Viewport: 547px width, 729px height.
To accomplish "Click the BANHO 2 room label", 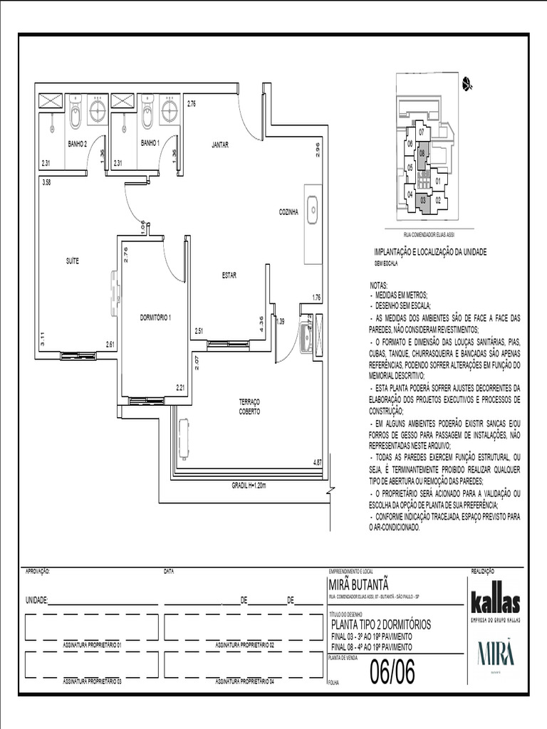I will [x=77, y=143].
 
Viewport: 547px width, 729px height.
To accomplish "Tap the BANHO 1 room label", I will [x=150, y=143].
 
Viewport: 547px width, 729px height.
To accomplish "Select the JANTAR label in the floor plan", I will [x=219, y=145].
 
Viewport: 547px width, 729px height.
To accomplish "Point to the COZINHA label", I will [x=288, y=211].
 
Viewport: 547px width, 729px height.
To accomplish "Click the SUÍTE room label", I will [x=72, y=261].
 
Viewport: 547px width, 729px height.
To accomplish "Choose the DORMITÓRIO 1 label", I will [x=156, y=317].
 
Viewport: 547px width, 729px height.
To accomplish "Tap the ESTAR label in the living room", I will [x=229, y=275].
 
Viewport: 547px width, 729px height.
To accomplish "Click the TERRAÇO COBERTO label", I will [x=249, y=407].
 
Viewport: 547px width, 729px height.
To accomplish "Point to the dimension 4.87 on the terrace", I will [x=317, y=463].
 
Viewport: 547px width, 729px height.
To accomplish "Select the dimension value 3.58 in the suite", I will [x=46, y=183].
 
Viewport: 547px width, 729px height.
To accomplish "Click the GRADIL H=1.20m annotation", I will [x=249, y=486].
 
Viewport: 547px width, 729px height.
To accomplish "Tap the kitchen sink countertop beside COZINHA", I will [x=312, y=224].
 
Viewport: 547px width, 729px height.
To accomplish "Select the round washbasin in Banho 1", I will [x=169, y=110].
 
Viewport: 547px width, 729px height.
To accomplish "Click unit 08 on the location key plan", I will [x=422, y=154].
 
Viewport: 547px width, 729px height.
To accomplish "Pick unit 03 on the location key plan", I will [x=423, y=200].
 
